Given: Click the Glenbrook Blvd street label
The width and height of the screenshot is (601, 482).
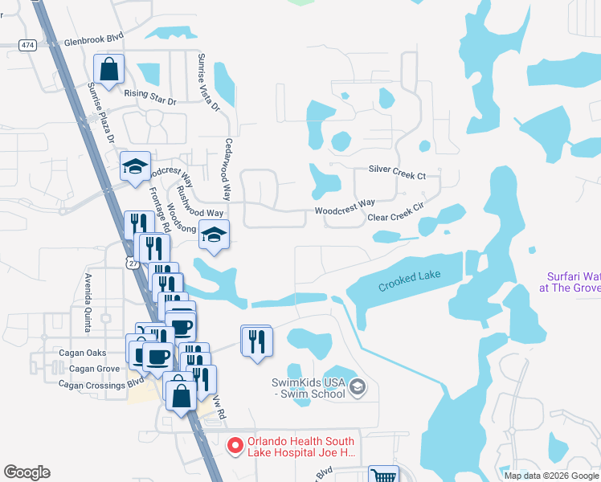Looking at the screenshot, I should [94, 39].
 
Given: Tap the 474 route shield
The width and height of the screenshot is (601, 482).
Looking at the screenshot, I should [28, 44].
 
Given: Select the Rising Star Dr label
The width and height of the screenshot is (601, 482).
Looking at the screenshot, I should [149, 92].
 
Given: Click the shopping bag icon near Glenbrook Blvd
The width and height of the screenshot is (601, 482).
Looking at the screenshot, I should [108, 69].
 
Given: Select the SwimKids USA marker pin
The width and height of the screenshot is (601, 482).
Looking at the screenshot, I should [358, 389].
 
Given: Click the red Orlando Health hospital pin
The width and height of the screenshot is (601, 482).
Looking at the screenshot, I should [235, 445].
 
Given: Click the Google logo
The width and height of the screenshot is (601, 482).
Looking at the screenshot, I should [27, 472].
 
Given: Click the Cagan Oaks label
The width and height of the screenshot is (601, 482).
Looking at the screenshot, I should [82, 353].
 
